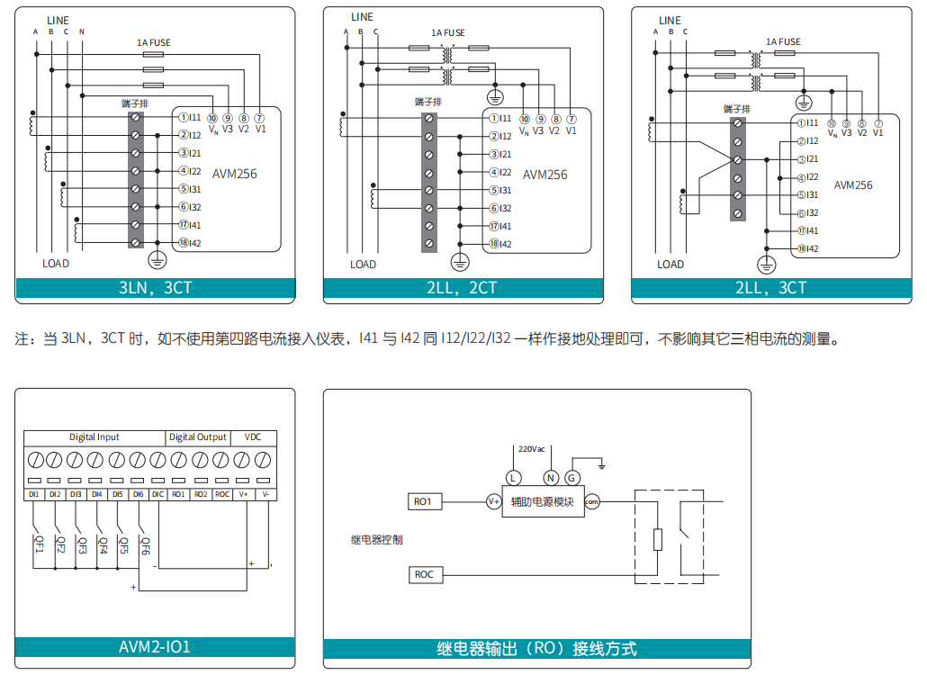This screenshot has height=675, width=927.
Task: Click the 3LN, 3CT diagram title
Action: click(155, 289)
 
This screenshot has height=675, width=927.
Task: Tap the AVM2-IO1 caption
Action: click(155, 646)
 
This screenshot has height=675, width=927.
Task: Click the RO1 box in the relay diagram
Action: click(424, 501)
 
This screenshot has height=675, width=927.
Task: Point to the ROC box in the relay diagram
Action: click(424, 574)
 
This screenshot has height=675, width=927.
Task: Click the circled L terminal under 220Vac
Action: click(513, 477)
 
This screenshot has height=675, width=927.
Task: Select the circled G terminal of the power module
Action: click(573, 477)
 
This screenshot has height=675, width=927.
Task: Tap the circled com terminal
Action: click(591, 502)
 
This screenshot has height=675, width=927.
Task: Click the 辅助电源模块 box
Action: click(542, 502)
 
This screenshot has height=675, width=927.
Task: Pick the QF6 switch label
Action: click(145, 544)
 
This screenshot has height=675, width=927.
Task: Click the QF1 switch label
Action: click(39, 544)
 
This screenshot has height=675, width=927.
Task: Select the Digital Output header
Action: click(198, 437)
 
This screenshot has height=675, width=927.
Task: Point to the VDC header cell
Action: click(253, 437)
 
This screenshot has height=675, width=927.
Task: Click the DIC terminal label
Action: click(157, 494)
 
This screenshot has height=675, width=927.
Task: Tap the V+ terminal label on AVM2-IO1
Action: click(243, 494)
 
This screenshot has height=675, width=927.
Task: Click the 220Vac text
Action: click(531, 448)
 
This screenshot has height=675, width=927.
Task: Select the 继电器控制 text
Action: click(376, 540)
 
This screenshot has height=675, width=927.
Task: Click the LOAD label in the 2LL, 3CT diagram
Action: click(670, 265)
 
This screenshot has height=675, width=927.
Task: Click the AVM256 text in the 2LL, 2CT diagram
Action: click(545, 175)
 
